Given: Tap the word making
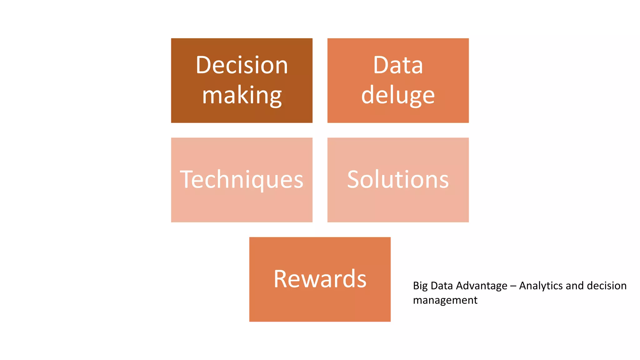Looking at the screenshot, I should click(242, 95).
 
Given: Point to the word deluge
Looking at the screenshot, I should click(398, 95).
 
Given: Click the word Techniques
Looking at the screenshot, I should click(242, 180).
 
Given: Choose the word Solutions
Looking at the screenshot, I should click(398, 180).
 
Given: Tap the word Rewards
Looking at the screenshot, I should click(320, 279).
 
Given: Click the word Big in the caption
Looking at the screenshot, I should click(420, 286).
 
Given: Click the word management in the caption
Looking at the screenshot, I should click(445, 300).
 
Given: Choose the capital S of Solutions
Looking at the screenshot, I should click(354, 180).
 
